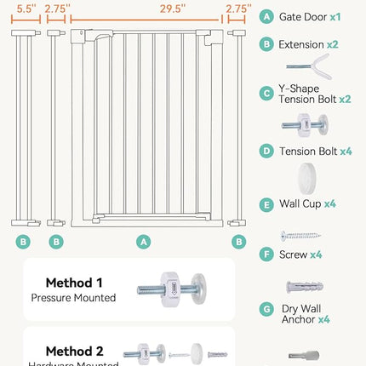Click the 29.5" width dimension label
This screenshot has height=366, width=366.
click(x=144, y=9)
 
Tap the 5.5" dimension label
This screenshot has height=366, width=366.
click(x=24, y=9)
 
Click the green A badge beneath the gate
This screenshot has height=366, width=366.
click(x=144, y=242)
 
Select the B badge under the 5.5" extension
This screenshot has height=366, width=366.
click(x=24, y=242)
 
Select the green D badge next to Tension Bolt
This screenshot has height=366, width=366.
click(x=267, y=151)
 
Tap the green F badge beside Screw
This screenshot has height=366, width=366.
click(x=267, y=254)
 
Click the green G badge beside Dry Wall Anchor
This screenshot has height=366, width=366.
click(x=267, y=310)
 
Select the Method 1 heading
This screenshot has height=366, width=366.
click(x=73, y=282)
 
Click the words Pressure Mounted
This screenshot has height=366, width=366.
click(x=73, y=298)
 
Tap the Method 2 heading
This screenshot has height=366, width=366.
click(x=73, y=351)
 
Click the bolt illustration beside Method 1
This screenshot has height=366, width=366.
click(x=171, y=290)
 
